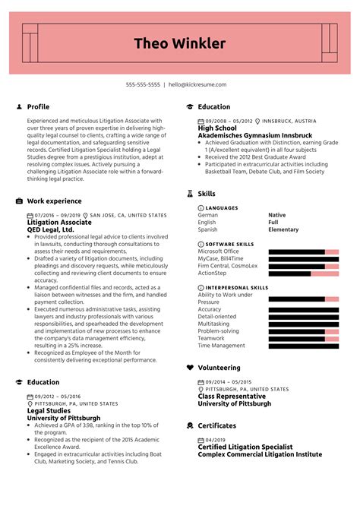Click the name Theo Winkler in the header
[x=180, y=43]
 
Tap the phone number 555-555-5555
[x=143, y=85]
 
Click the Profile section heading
[x=38, y=107]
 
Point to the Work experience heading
[x=54, y=201]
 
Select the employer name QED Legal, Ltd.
[x=50, y=229]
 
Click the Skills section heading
[x=207, y=194]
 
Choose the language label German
[x=208, y=215]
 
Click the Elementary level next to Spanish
[x=283, y=229]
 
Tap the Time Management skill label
[x=221, y=346]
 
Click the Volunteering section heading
[x=219, y=367]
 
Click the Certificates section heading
[x=217, y=425]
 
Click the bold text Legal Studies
[x=49, y=410]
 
